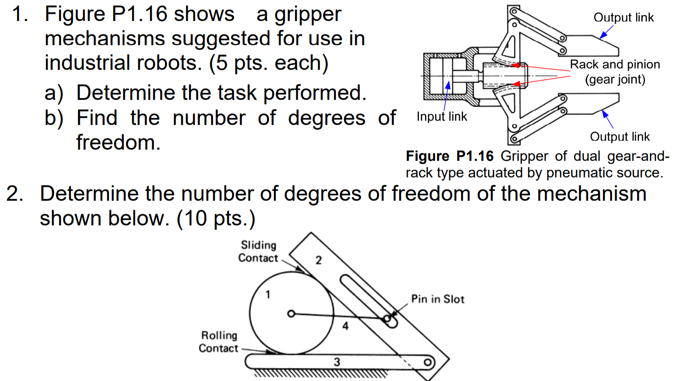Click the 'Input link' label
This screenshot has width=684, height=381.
[x=441, y=117]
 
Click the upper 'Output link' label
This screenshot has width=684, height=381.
[x=623, y=17]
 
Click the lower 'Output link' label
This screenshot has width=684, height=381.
[x=620, y=137]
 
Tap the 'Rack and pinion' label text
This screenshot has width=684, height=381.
[x=615, y=65]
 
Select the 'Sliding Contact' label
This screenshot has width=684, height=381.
[x=258, y=251]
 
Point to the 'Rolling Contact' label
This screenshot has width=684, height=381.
[x=219, y=342]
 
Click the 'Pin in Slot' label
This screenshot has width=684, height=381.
[x=437, y=299]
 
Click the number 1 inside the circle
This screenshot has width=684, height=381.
[x=268, y=294]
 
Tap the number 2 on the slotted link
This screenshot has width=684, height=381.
[x=318, y=260]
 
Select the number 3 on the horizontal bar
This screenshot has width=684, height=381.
[x=337, y=362]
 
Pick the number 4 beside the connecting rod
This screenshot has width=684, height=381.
[x=345, y=326]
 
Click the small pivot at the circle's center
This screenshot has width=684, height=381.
[x=291, y=314]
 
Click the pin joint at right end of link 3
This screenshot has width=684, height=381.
[x=428, y=362]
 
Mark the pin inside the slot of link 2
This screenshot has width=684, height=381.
[x=387, y=319]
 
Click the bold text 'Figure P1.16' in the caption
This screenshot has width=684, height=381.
[x=450, y=156]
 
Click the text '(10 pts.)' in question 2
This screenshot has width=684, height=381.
[x=216, y=219]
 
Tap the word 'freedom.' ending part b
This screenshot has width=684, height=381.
[x=118, y=143]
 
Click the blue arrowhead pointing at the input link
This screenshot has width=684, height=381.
[x=448, y=85]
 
